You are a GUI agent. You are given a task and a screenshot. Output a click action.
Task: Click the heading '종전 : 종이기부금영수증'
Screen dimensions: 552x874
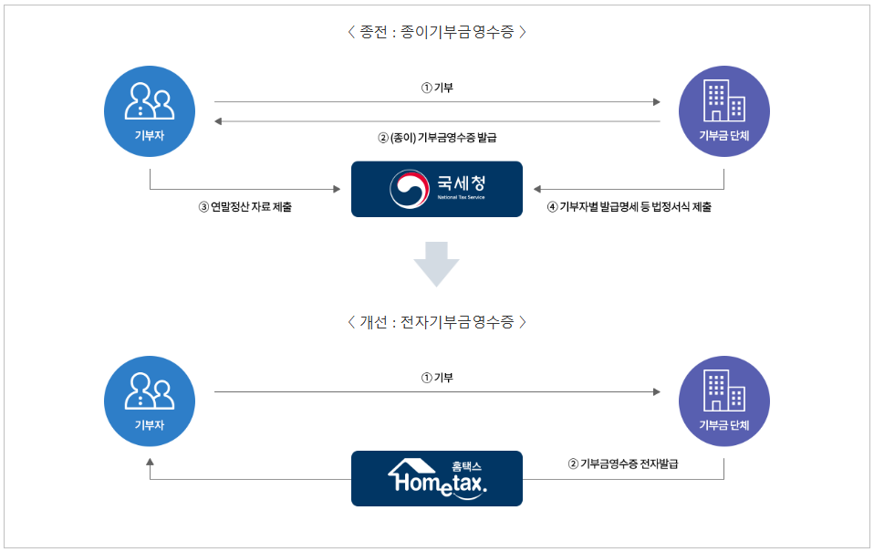437,32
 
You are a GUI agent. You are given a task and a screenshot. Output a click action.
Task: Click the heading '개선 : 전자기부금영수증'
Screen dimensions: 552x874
437,322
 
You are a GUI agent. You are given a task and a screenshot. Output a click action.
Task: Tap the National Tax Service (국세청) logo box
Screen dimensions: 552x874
437,189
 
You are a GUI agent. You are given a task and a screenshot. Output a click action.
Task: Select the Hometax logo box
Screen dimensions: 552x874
437,478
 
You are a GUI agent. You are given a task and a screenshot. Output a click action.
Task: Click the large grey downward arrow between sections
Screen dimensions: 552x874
436,265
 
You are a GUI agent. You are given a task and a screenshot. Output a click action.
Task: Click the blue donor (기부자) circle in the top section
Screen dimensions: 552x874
151,111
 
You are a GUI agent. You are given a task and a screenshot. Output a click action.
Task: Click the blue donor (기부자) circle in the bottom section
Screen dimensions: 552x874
151,401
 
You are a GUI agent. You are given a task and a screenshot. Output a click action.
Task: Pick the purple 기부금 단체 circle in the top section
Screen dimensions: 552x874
724,111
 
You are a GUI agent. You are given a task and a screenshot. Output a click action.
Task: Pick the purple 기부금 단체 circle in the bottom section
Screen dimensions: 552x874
724,401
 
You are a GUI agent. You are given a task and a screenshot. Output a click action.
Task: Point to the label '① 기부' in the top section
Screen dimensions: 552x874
437,89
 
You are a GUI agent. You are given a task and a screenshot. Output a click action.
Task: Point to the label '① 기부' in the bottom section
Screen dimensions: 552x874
437,378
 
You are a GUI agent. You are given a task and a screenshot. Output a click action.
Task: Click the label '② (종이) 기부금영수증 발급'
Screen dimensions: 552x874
437,137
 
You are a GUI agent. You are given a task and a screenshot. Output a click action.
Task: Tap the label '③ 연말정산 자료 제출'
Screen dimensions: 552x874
252,207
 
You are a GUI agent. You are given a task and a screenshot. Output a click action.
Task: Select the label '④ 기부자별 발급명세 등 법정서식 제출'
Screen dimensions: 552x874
629,207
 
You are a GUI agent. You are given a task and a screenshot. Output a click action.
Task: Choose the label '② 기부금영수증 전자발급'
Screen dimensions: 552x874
623,463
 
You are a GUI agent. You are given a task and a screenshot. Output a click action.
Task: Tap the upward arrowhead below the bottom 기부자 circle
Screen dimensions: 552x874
151,463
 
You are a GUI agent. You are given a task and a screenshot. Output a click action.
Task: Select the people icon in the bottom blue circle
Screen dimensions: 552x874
151,390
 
